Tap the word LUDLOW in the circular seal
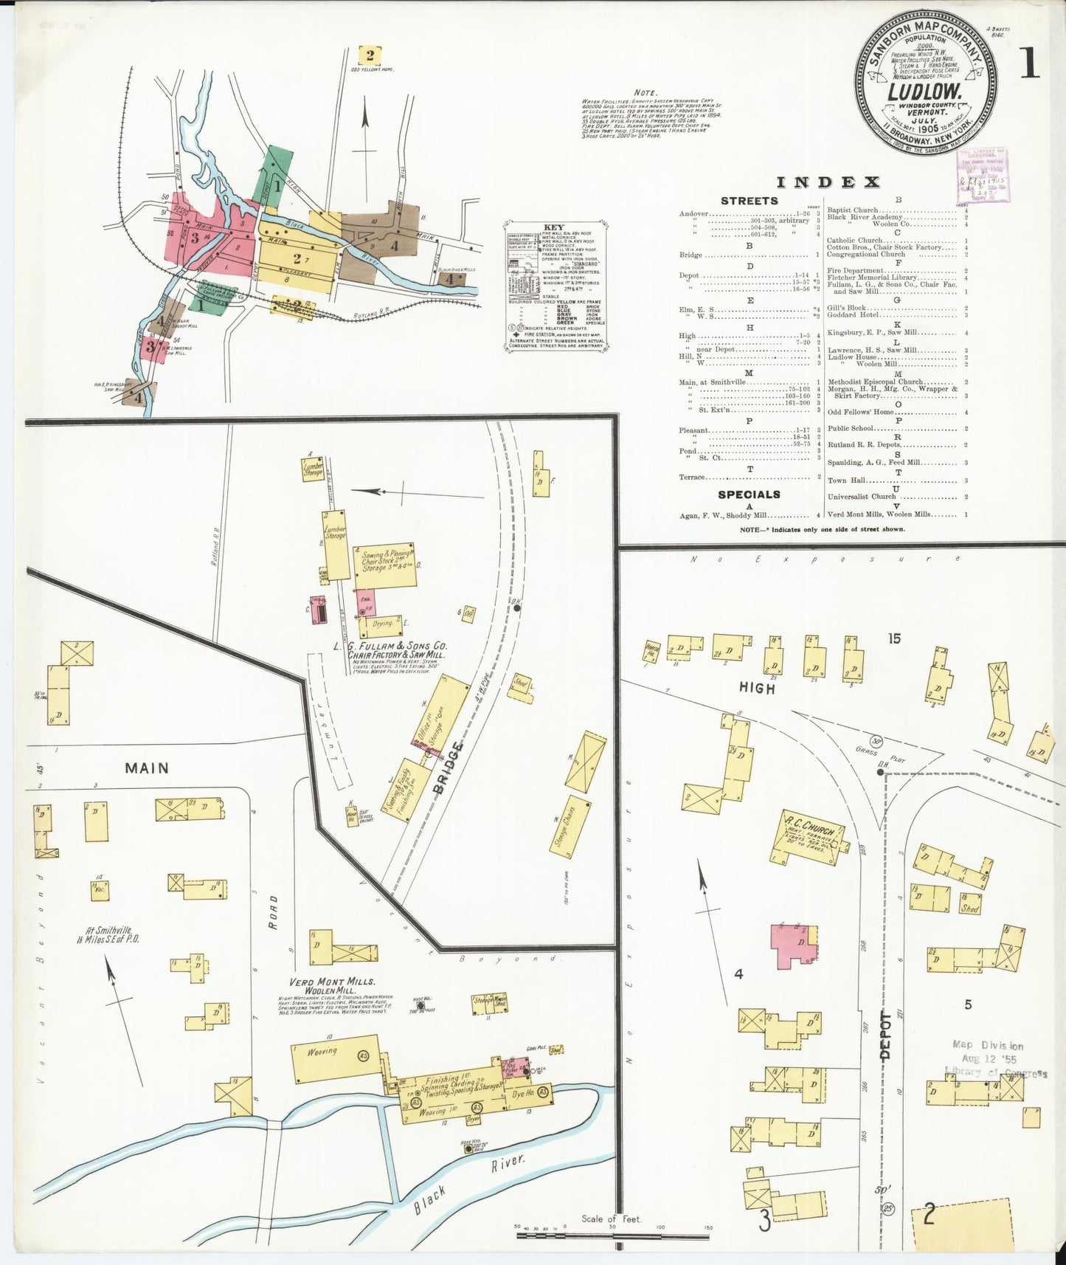[925, 92]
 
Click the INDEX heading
[828, 182]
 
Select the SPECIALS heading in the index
[749, 494]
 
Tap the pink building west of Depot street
[792, 945]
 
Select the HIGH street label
[758, 688]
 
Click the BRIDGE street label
[451, 768]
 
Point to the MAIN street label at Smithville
[146, 768]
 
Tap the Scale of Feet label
[611, 1219]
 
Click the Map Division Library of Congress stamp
[994, 1058]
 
